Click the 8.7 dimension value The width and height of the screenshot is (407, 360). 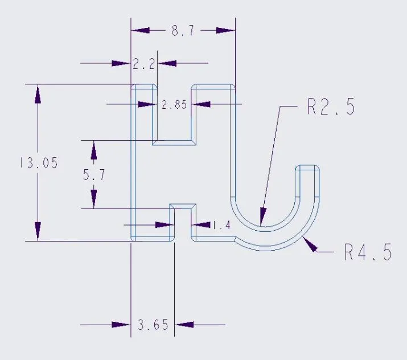[183, 31]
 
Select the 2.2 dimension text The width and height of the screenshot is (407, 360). [143, 64]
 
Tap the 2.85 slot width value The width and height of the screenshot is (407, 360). [174, 105]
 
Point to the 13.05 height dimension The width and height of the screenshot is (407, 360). [39, 163]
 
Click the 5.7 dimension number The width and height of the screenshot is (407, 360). [94, 174]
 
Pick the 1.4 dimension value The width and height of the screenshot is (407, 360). [221, 225]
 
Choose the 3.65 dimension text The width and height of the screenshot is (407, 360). [153, 325]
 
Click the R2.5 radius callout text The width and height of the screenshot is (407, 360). [331, 107]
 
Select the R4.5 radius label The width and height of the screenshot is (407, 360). [368, 252]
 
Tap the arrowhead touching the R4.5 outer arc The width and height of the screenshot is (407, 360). [310, 244]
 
